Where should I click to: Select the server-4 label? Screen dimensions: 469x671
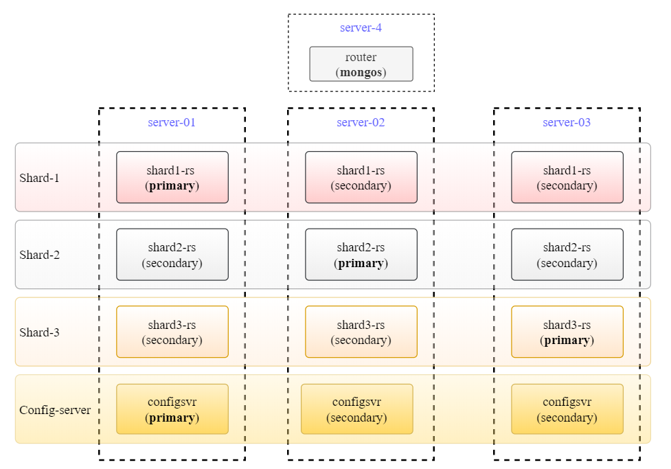click(x=361, y=28)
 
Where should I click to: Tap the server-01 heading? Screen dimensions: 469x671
click(x=172, y=123)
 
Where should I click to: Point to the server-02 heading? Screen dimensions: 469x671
click(x=361, y=123)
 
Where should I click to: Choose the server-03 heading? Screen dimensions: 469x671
click(x=567, y=123)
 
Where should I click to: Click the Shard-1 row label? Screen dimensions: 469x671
click(x=39, y=178)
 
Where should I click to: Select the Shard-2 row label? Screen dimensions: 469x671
click(x=39, y=255)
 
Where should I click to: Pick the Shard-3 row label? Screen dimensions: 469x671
click(x=39, y=332)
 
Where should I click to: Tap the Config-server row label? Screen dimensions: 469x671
click(x=55, y=410)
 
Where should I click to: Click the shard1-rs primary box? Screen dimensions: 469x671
click(x=172, y=177)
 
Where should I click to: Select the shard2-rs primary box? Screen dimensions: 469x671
click(x=361, y=255)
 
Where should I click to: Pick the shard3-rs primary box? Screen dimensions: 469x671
click(x=567, y=332)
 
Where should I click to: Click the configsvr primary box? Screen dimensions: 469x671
click(x=172, y=409)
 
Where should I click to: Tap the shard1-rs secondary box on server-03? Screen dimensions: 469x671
click(x=567, y=177)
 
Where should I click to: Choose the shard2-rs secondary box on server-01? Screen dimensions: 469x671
click(x=172, y=255)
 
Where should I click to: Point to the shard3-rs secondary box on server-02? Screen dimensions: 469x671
click(x=361, y=332)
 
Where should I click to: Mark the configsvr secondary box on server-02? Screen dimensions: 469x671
click(x=356, y=409)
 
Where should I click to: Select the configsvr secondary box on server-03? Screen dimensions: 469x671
click(x=567, y=409)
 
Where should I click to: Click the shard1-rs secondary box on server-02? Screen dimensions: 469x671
click(x=361, y=177)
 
